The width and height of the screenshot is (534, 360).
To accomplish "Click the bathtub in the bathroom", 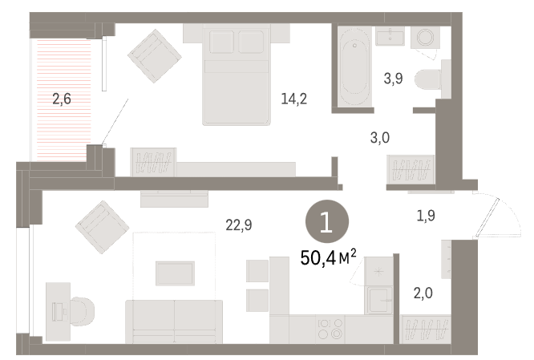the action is pyautogui.click(x=354, y=66).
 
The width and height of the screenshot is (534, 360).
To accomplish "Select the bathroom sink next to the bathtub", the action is pyautogui.click(x=390, y=36).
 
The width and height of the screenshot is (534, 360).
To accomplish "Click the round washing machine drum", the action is pyautogui.click(x=426, y=37).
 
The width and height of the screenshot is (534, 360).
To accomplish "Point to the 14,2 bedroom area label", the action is pyautogui.click(x=294, y=99).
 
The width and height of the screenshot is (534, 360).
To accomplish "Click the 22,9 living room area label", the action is pyautogui.click(x=239, y=224).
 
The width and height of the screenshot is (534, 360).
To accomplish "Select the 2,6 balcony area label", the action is pyautogui.click(x=62, y=99).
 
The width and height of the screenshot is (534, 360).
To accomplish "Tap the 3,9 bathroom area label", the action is pyautogui.click(x=394, y=79).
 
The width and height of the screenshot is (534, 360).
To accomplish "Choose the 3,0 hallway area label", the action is pyautogui.click(x=380, y=138).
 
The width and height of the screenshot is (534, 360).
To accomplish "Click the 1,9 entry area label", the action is pyautogui.click(x=426, y=215).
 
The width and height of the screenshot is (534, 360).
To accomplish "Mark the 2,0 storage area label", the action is pyautogui.click(x=423, y=293).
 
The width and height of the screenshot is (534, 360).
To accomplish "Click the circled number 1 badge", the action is pyautogui.click(x=327, y=221).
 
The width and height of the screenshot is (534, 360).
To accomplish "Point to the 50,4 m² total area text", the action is pyautogui.click(x=328, y=257).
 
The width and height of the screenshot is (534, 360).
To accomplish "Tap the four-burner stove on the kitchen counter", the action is pyautogui.click(x=330, y=329).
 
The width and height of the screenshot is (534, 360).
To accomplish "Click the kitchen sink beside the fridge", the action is pyautogui.click(x=378, y=300).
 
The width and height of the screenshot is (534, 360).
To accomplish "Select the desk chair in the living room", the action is pyautogui.click(x=81, y=311).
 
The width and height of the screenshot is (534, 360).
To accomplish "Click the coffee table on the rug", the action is pyautogui.click(x=175, y=273).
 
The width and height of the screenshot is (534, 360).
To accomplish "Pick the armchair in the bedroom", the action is pyautogui.click(x=155, y=56).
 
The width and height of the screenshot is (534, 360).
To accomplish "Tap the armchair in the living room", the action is pyautogui.click(x=102, y=227).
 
